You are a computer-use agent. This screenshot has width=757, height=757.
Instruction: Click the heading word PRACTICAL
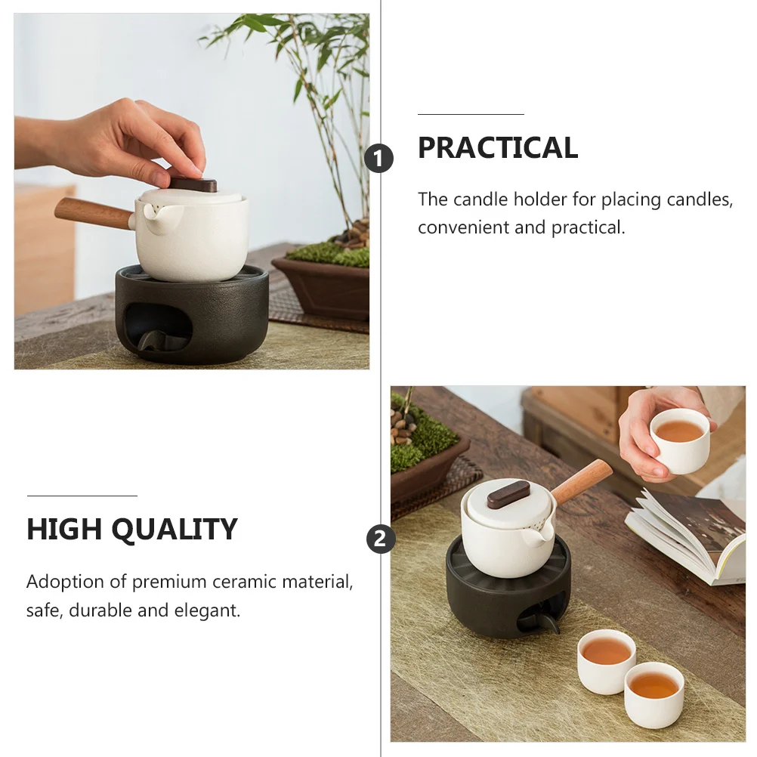point(498,148)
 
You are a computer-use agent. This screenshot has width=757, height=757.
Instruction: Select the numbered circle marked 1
point(379,159)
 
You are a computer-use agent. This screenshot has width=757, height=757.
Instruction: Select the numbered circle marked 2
point(381,539)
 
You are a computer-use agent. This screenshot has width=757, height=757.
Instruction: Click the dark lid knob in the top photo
point(193,185)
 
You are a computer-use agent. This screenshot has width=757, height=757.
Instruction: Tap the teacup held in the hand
point(679,440)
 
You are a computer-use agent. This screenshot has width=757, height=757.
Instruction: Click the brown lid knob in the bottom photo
point(508,494)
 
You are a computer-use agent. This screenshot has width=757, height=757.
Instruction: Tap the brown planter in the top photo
point(321,286)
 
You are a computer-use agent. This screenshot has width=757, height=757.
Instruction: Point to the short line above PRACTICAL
point(471,114)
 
